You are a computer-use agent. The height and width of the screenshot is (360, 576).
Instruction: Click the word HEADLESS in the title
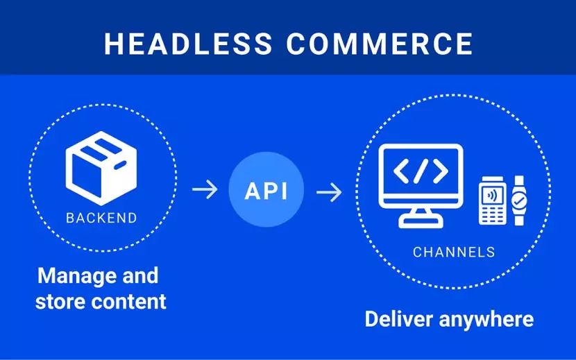188,43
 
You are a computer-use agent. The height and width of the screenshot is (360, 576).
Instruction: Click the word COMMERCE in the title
380,43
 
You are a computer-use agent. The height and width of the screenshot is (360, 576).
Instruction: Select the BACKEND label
101,218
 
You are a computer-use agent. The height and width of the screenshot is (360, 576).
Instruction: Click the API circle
266,190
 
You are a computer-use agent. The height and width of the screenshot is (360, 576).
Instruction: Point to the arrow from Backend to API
204,190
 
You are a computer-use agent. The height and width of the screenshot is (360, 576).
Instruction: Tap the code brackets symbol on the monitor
420,171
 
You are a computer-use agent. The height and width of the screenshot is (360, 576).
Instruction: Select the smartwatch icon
519,200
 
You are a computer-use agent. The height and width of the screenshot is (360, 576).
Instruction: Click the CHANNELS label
454,252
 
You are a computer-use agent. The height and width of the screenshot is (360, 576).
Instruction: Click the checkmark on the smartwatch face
519,201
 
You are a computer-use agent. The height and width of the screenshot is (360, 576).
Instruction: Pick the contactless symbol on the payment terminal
491,193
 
